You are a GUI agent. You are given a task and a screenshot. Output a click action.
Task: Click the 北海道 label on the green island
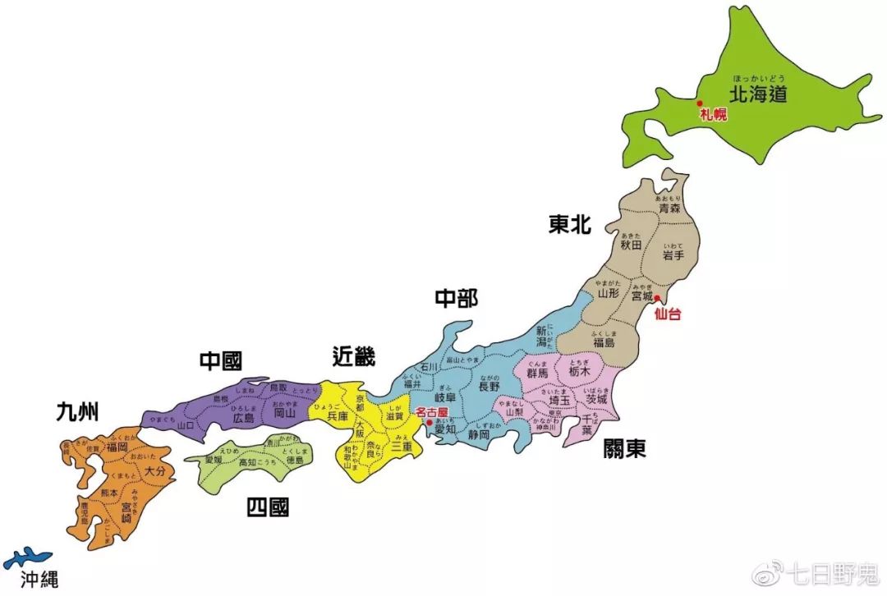coord(758,94)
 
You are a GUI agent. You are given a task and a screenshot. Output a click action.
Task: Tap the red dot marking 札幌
coord(699,103)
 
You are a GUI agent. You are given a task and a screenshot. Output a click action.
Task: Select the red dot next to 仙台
coord(657,298)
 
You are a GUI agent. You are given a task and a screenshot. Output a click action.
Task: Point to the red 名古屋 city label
coord(433,412)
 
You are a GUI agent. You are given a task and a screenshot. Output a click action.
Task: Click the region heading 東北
coord(570,225)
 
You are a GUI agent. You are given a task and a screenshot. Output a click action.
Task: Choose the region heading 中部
coord(456,299)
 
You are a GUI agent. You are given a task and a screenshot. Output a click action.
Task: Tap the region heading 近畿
coord(354,356)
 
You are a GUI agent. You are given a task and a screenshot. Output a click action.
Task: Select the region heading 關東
coord(624,448)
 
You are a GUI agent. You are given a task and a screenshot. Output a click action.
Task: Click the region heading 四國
coord(268,507)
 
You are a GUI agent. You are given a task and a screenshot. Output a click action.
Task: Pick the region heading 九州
coord(77,411)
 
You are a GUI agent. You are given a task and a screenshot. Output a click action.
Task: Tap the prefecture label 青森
coord(669,209)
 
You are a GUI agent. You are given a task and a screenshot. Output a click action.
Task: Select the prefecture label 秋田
coord(631,244)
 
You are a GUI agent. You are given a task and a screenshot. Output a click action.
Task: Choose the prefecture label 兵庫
coord(338,416)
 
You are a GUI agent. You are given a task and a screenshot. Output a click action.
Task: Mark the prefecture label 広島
coord(243,418)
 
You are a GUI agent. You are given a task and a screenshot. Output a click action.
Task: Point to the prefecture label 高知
coord(246,463)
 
